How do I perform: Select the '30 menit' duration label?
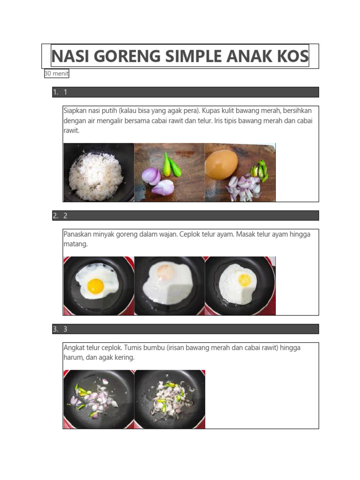[57, 74]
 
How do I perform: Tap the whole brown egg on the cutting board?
[221, 165]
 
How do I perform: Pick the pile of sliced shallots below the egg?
[242, 188]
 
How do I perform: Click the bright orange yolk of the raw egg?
[96, 285]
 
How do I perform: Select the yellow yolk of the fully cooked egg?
[245, 280]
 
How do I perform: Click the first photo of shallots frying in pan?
[98, 399]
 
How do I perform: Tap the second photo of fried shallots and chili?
[170, 399]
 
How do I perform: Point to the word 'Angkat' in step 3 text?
[74, 347]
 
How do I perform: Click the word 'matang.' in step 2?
[75, 244]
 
